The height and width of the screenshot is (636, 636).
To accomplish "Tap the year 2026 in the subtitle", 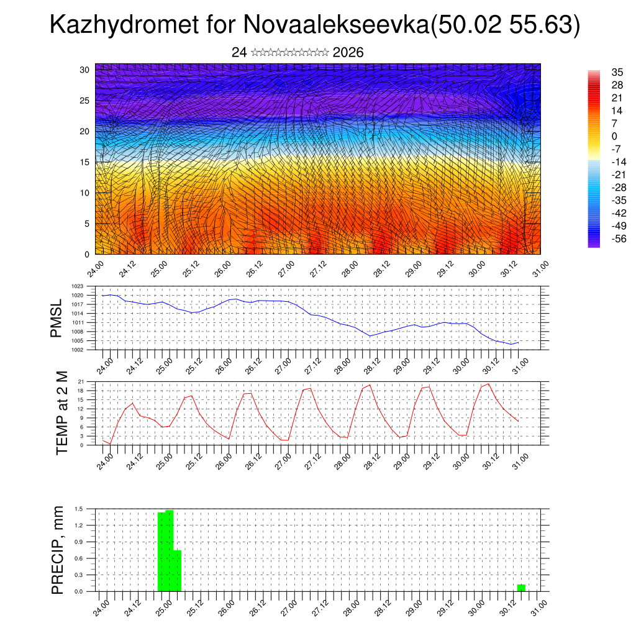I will coord(348,52).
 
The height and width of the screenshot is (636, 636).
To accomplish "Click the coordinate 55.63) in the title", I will coord(544,25).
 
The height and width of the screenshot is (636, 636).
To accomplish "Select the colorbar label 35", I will coord(617,72).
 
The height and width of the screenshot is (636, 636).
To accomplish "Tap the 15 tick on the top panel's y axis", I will coord(85,162).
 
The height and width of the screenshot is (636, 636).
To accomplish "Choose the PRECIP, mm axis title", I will coord(58,549).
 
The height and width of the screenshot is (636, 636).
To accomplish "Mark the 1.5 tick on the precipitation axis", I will coord(79,509).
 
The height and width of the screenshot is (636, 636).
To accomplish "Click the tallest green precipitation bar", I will coord(170,550).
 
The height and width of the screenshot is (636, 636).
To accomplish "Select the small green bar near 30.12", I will coord(521,588).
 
